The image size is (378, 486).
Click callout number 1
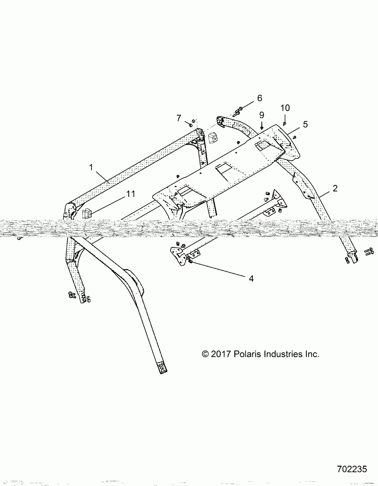click(x=91, y=167)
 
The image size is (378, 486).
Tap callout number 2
click(x=335, y=188)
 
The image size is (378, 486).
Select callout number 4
click(x=251, y=279)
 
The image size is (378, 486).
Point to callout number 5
click(x=305, y=124)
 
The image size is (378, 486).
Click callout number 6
click(x=259, y=98)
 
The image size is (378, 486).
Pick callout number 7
click(x=179, y=118)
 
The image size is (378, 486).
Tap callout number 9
click(x=261, y=115)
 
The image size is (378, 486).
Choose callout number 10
click(x=285, y=108)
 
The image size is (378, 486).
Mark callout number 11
click(x=130, y=193)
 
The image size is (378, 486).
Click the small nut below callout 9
click(x=261, y=127)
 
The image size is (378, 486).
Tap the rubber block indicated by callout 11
click(x=87, y=213)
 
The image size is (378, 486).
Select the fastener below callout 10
click(x=284, y=123)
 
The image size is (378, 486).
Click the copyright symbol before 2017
click(x=205, y=354)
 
